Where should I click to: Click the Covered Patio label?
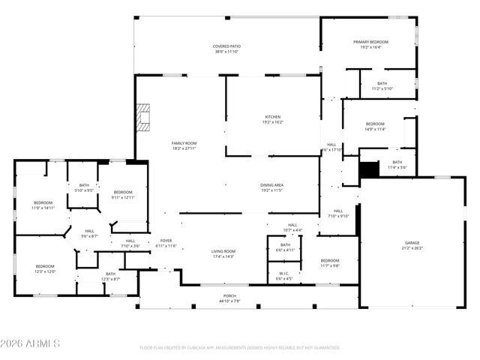tap(226, 49)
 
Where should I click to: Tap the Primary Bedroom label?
tap(371, 44)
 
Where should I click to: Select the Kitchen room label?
tap(272, 118)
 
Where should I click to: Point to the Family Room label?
tap(184, 145)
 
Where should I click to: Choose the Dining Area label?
tap(271, 187)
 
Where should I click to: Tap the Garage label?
tap(412, 244)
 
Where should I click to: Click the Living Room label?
tap(223, 253)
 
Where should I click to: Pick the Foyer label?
tap(166, 242)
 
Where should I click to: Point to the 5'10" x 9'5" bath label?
tap(84, 187)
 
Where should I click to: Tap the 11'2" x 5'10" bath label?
tap(382, 85)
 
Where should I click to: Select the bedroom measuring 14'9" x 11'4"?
tap(375, 126)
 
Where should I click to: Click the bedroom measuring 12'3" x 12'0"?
tap(45, 268)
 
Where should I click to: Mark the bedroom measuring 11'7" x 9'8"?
tap(330, 263)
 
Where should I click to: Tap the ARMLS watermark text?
tap(31, 343)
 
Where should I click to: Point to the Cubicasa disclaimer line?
tap(240, 348)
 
